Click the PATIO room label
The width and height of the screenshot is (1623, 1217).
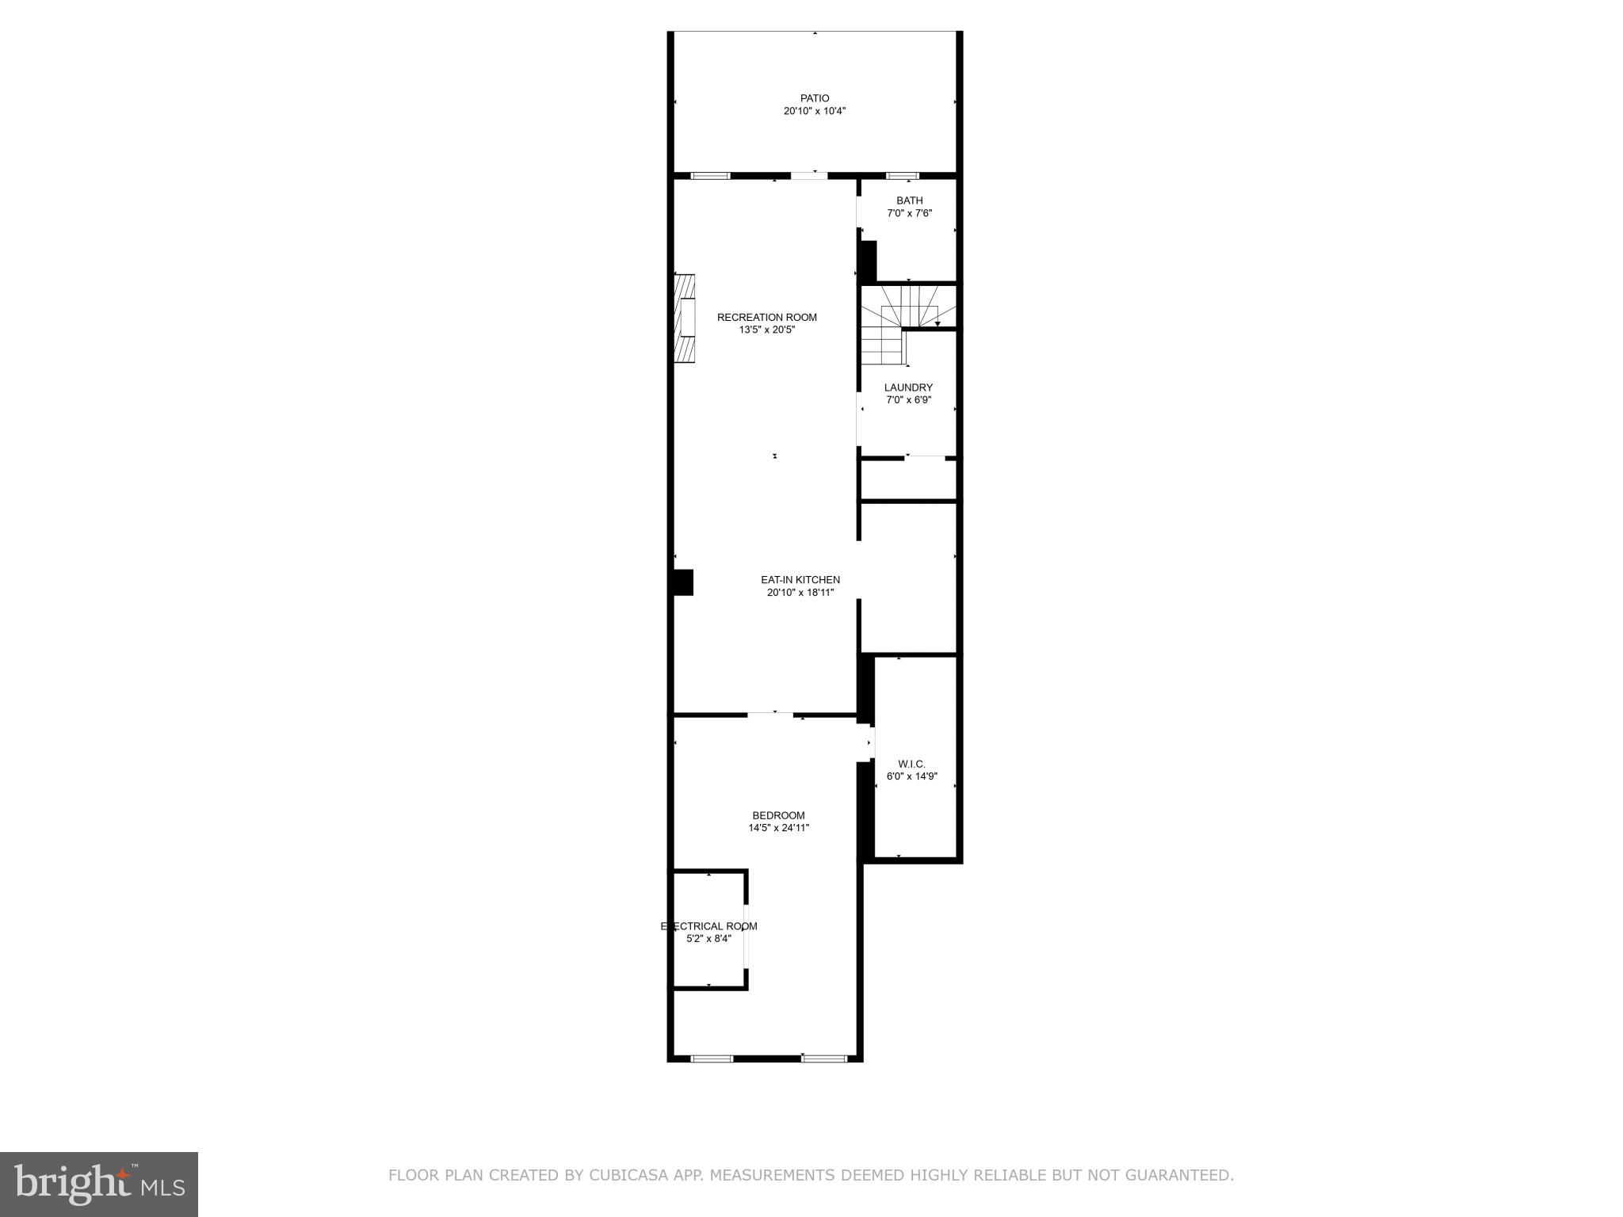click(814, 98)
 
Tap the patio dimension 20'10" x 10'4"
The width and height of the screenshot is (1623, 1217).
click(814, 112)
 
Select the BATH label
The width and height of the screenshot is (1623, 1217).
click(909, 200)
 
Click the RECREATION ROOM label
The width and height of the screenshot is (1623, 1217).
click(766, 317)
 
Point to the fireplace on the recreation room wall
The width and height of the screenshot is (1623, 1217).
click(684, 318)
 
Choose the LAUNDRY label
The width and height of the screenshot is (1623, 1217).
click(908, 387)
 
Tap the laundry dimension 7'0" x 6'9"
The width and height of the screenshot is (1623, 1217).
click(908, 400)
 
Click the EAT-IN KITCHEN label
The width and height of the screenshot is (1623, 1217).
click(800, 580)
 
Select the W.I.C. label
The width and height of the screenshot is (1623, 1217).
click(911, 764)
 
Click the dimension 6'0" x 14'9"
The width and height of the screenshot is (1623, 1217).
click(911, 776)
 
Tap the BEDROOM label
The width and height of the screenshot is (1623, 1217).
click(778, 815)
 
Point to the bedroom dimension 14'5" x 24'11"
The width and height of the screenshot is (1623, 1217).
click(778, 828)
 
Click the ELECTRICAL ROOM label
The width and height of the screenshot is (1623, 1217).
click(708, 926)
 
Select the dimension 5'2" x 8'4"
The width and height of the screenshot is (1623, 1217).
click(708, 939)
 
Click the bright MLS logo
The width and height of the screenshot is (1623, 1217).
click(99, 1184)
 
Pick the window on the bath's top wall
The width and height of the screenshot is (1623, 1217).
click(901, 175)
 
